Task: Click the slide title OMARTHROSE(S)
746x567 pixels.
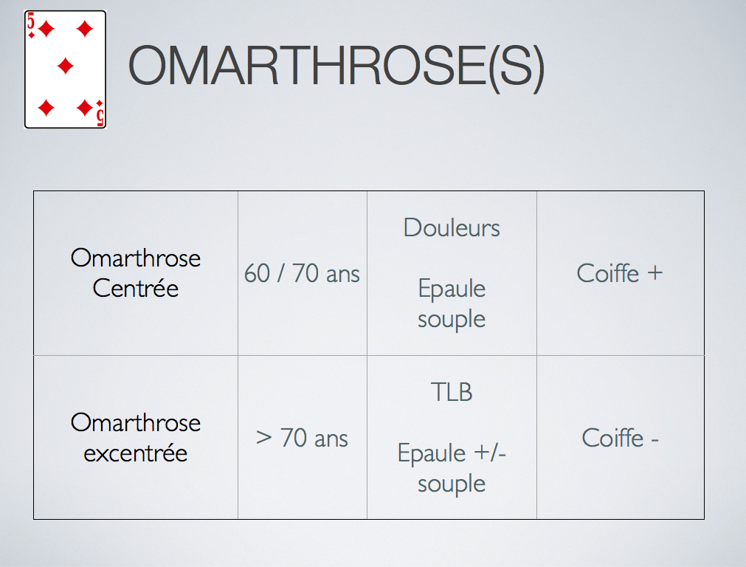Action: (336, 66)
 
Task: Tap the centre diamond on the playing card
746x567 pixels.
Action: (65, 66)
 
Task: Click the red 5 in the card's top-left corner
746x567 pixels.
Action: (31, 22)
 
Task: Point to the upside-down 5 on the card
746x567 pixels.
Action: (100, 117)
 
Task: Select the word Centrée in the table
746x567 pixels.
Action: (136, 288)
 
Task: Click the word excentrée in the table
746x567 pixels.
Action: (136, 453)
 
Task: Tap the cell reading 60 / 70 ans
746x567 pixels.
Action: (302, 273)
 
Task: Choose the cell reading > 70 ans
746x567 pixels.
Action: (302, 438)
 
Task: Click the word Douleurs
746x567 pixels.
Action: (452, 227)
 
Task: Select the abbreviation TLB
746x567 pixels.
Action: (452, 392)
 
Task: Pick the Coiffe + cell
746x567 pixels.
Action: (619, 273)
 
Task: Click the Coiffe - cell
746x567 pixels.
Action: (620, 438)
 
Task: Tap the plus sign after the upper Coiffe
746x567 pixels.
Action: (655, 273)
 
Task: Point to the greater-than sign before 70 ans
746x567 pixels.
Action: (263, 438)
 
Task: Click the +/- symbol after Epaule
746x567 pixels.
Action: (490, 453)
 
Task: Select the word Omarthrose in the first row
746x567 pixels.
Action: (136, 258)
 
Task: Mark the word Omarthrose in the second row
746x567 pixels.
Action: (136, 422)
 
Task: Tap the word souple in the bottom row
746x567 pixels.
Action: (452, 484)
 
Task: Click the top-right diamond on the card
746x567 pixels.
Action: (85, 29)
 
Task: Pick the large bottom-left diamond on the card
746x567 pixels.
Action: (46, 108)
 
